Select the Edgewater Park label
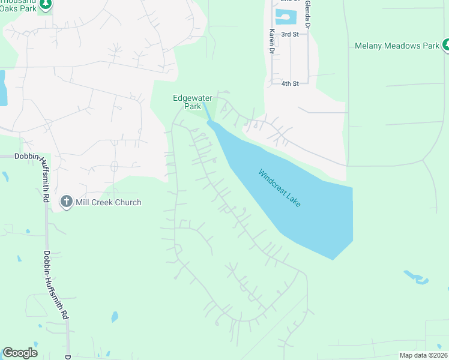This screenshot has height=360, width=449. click(x=193, y=102)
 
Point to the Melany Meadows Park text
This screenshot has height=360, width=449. click(x=397, y=46)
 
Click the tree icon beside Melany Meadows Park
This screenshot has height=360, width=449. click(x=446, y=45)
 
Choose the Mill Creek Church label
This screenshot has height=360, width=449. click(x=108, y=202)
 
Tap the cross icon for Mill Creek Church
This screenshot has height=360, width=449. click(x=67, y=202)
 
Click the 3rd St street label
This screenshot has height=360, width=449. click(x=290, y=34)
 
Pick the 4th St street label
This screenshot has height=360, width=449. click(x=290, y=83)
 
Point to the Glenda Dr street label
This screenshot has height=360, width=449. click(x=307, y=15)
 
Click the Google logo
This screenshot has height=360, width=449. click(x=20, y=353)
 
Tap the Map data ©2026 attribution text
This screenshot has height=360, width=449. click(x=423, y=355)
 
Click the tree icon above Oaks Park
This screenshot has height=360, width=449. click(x=46, y=4)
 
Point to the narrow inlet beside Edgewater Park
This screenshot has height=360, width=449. click(x=206, y=112)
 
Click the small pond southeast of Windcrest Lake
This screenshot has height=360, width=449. click(x=417, y=277)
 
